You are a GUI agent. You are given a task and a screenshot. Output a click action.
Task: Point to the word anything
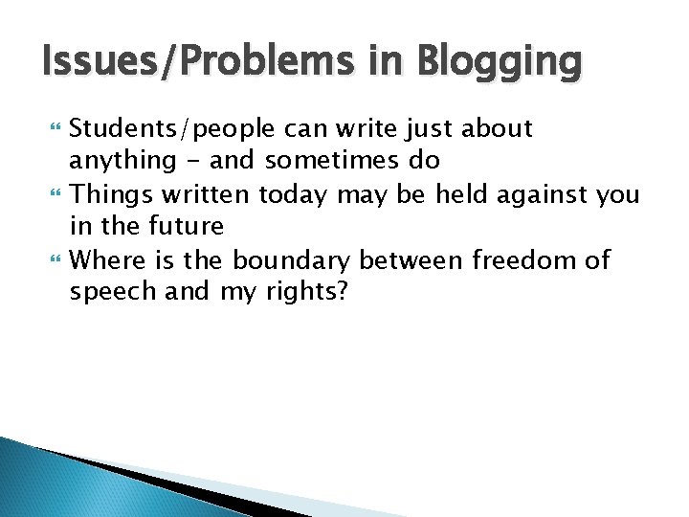pyautogui.click(x=122, y=162)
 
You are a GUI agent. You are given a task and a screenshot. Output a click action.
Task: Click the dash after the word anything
pyautogui.click(x=193, y=162)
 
